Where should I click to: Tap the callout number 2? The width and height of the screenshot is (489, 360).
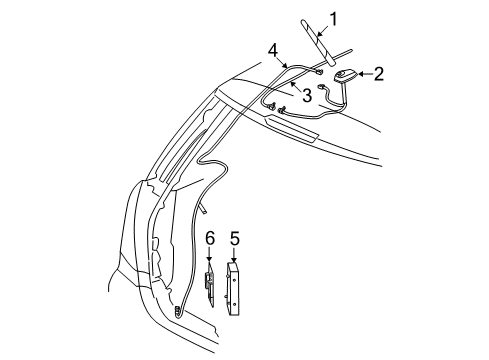[379, 74]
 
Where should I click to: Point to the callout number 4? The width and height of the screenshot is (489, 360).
[273, 50]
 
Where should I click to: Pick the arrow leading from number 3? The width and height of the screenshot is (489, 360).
[295, 85]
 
